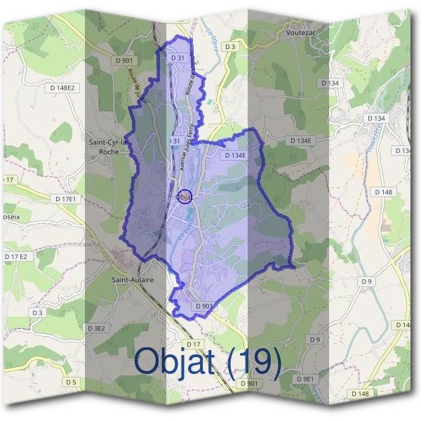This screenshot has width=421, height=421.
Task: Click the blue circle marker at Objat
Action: point(185,197)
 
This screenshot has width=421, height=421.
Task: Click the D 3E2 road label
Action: point(96,328)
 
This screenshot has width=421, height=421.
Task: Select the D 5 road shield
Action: point(69,382)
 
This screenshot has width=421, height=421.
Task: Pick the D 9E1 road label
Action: point(307,379)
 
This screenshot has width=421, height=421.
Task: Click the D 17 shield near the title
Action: point(194,343)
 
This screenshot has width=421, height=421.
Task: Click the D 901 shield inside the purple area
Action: point(203,306)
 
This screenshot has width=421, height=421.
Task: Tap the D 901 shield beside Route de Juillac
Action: point(127,61)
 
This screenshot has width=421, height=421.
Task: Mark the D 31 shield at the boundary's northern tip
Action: point(178,58)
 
